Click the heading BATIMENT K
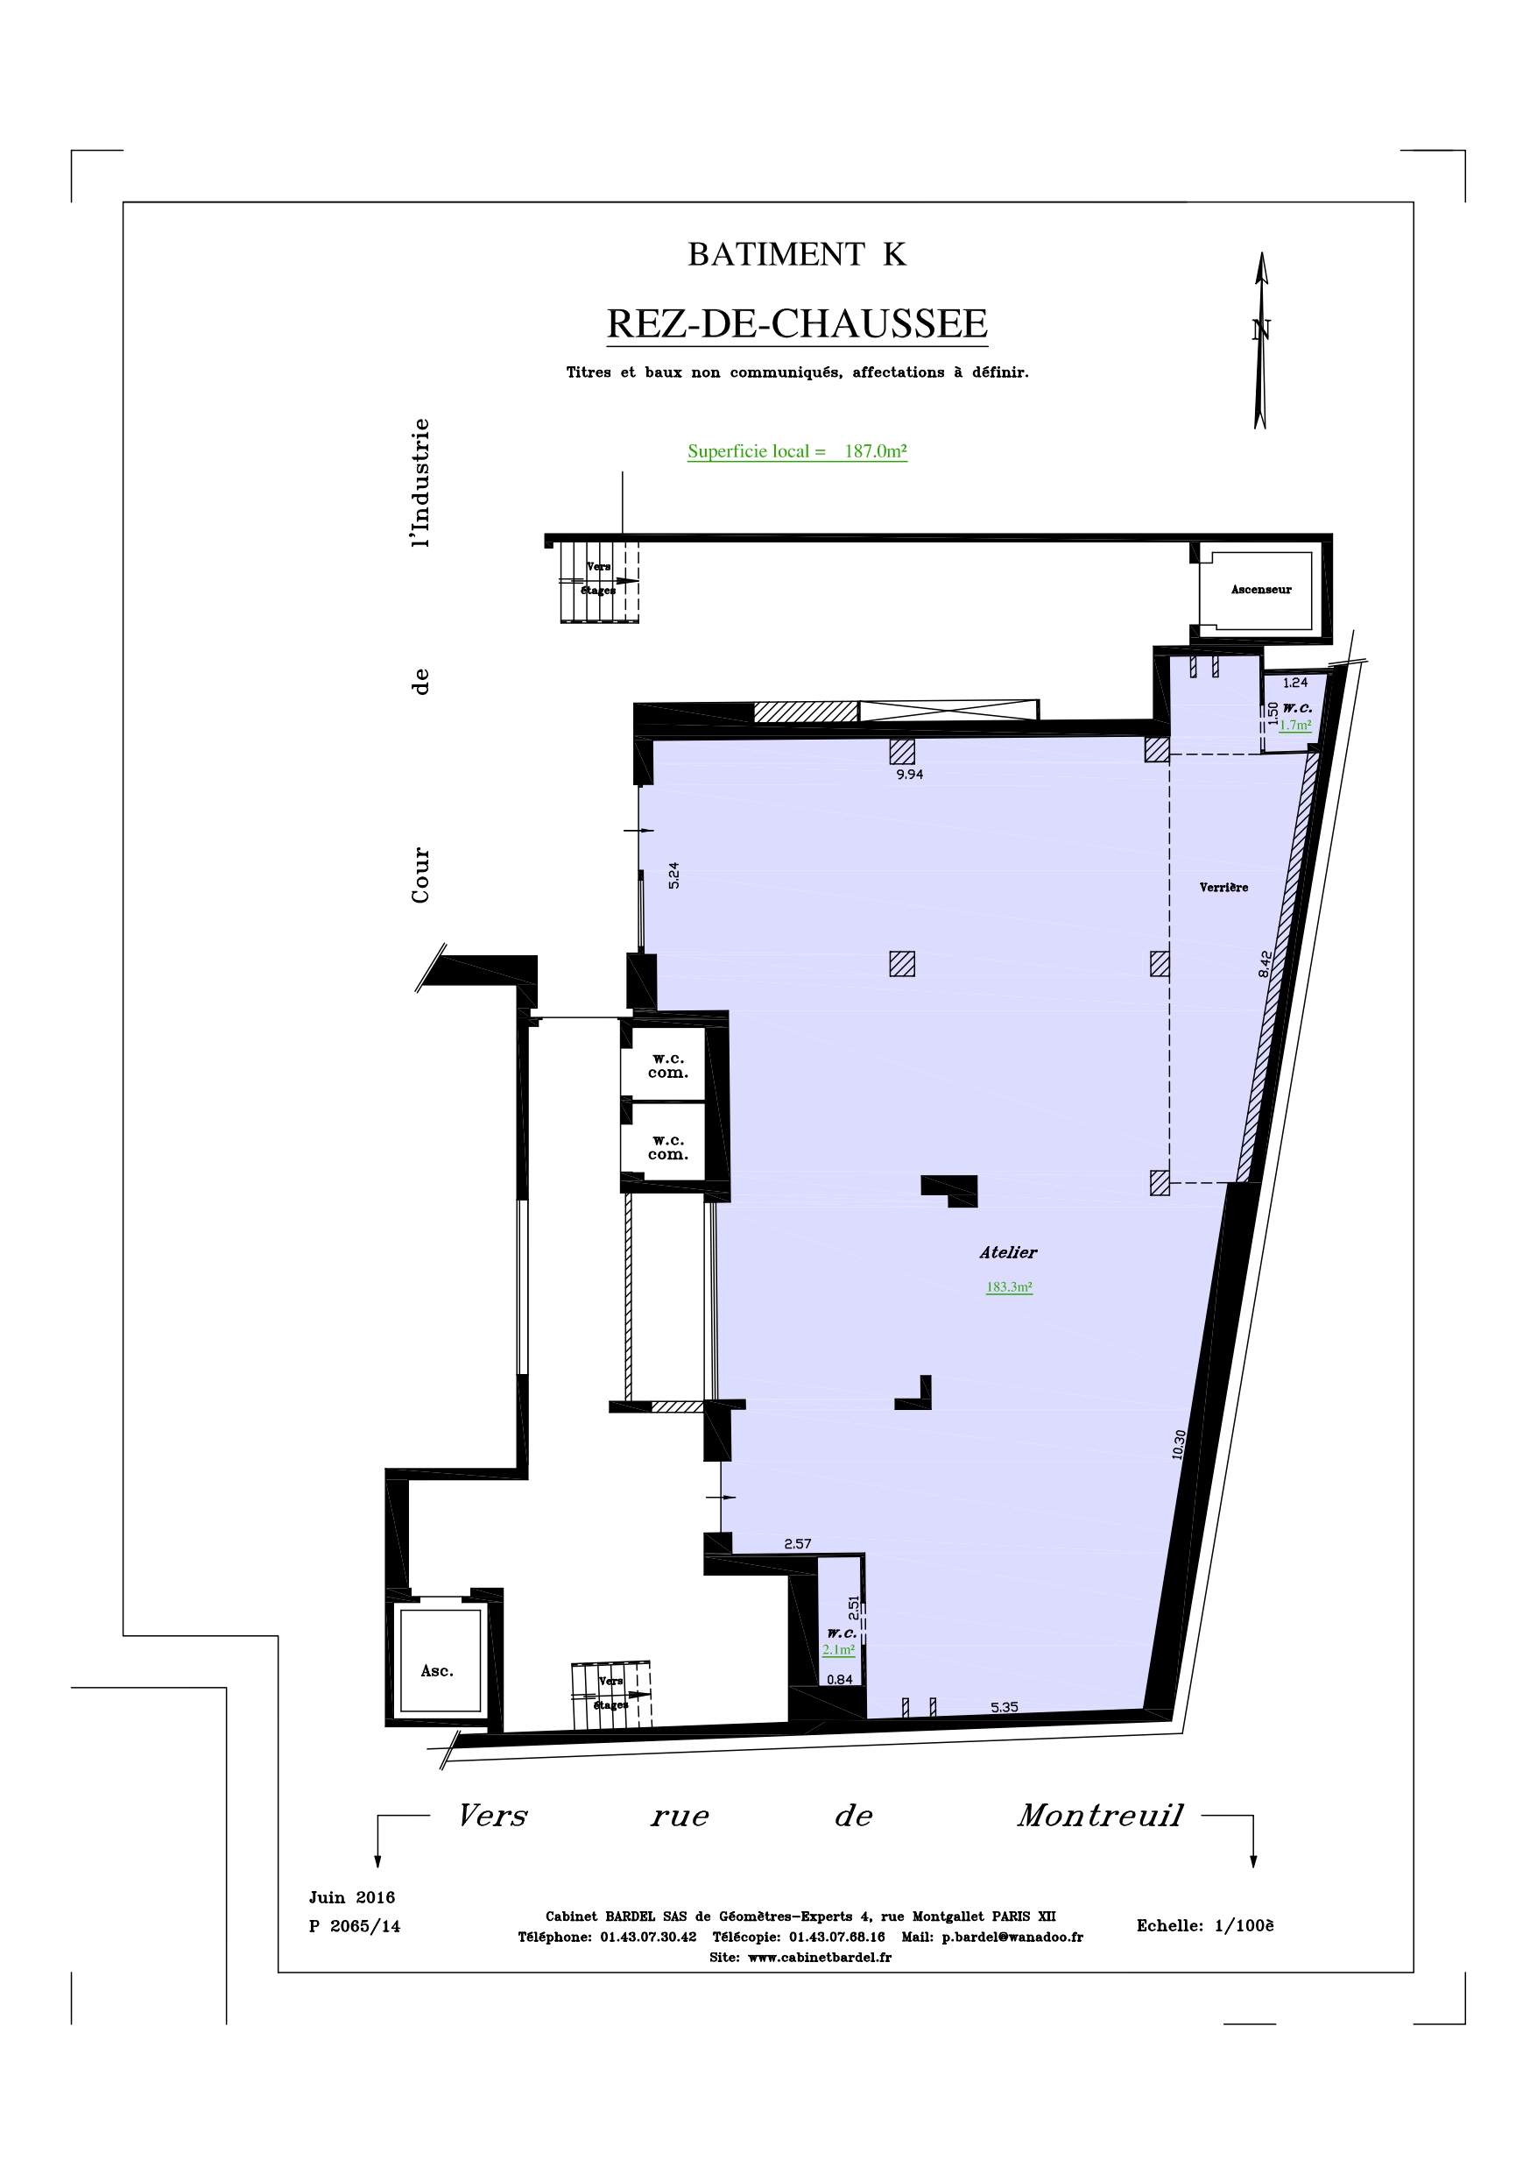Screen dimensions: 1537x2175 point(796,254)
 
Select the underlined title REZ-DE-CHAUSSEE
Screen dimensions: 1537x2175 point(796,324)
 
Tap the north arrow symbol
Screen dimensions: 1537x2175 point(1260,340)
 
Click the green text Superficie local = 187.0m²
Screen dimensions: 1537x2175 point(797,451)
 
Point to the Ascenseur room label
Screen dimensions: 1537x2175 point(1260,589)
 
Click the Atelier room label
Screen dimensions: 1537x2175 point(1009,1252)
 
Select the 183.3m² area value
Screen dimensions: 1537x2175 point(1009,1286)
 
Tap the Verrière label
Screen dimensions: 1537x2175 point(1223,888)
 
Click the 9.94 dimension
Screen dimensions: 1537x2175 point(909,774)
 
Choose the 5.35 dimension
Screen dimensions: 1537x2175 point(1004,1707)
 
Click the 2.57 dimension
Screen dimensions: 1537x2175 point(797,1543)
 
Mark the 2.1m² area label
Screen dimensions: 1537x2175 point(838,1649)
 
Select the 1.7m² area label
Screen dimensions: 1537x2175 point(1294,726)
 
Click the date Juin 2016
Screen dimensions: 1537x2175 point(351,1897)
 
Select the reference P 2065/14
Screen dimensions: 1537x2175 point(354,1926)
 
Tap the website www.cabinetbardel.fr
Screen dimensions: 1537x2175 point(819,1957)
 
